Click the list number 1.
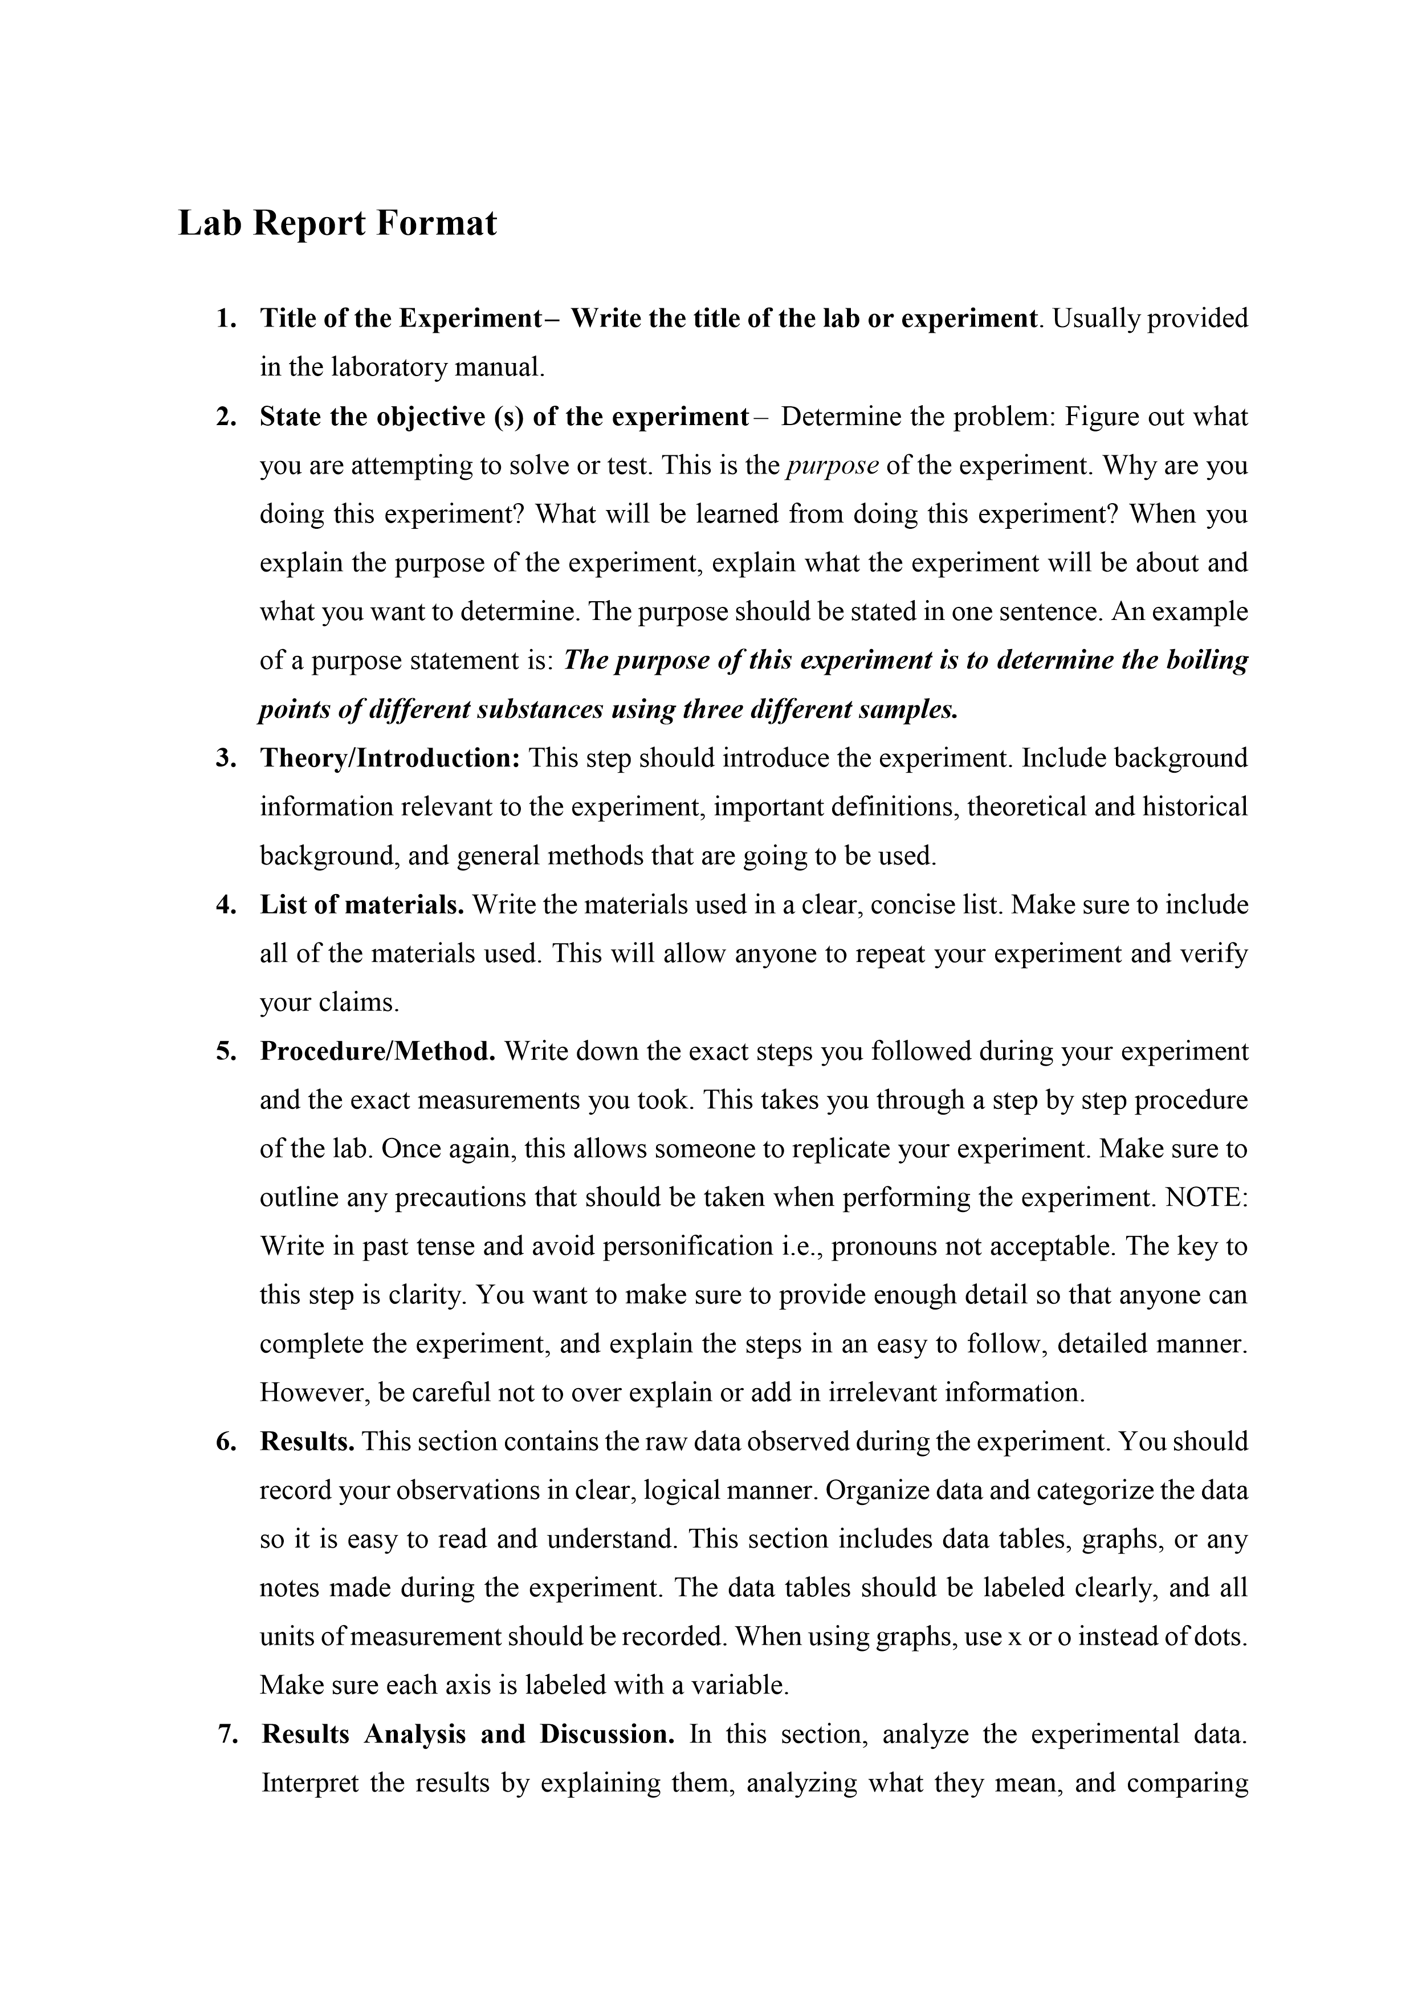coord(226,319)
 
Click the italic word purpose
coord(832,466)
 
